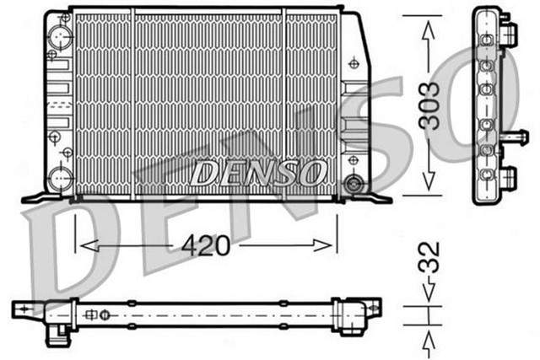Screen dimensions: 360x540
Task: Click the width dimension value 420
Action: point(207,245)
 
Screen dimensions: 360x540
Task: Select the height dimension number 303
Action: point(431,105)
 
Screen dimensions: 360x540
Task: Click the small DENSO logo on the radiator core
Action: point(258,173)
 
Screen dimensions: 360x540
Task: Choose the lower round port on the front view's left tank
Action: point(59,178)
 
